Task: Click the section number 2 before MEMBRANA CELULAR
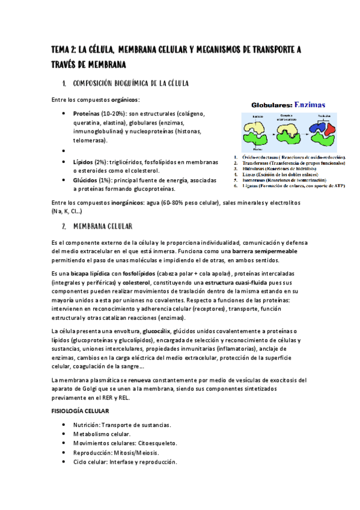point(64,227)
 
